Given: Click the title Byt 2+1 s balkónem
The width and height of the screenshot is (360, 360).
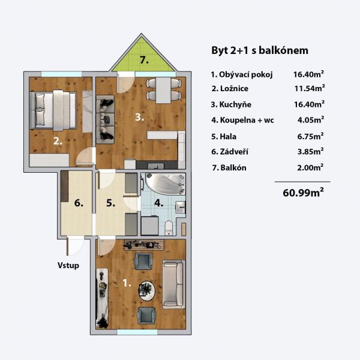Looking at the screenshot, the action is tap(260, 50).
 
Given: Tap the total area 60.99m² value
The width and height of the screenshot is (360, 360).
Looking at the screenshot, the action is tap(303, 193).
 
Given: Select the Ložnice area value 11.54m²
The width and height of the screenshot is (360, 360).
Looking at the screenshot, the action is tap(310, 88).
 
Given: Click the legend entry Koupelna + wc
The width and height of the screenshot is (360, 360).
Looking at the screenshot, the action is tap(242, 120).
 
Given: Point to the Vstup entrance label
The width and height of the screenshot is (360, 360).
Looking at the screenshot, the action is tap(68, 265).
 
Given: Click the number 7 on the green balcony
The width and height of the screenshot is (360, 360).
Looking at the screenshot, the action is tap(144, 60).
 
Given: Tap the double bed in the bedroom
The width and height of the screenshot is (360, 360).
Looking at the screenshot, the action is tap(53, 110).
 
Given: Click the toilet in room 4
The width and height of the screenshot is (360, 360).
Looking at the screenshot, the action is tap(169, 228).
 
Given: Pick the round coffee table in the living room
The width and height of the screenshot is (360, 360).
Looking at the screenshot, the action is tap(146, 291).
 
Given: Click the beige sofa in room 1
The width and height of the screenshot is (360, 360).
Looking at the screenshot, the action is tap(174, 284).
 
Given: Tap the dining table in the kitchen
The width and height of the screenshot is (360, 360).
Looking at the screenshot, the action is tap(163, 91).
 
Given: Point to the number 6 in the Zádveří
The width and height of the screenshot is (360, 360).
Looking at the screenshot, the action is tap(79, 203).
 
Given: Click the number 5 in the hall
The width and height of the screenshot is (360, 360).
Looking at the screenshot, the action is tap(110, 203).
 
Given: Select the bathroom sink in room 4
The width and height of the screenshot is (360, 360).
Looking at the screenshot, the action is tap(180, 208).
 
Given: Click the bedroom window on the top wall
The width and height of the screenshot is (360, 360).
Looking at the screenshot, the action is tap(62, 74).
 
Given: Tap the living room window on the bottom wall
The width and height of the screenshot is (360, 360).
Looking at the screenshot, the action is tap(137, 332).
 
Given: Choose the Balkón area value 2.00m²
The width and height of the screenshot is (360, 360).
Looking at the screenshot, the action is tap(310, 167).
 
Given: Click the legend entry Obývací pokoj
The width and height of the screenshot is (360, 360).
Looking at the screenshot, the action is tap(242, 74).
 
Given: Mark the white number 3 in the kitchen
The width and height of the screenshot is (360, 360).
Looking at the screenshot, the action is tap(139, 118).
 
